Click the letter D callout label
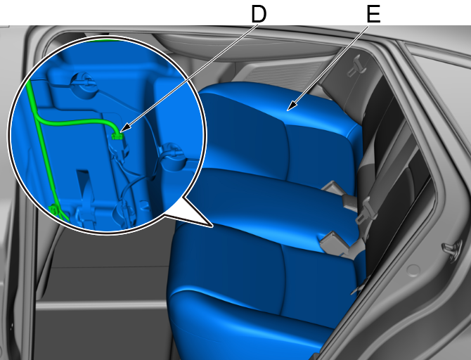click(258, 14)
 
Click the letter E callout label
click(374, 14)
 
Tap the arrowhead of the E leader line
click(291, 105)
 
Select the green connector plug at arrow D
click(117, 136)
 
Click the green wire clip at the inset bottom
click(53, 210)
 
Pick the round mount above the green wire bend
click(84, 84)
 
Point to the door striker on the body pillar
click(452, 249)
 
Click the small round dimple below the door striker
click(413, 270)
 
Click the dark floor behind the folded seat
click(105, 283)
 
